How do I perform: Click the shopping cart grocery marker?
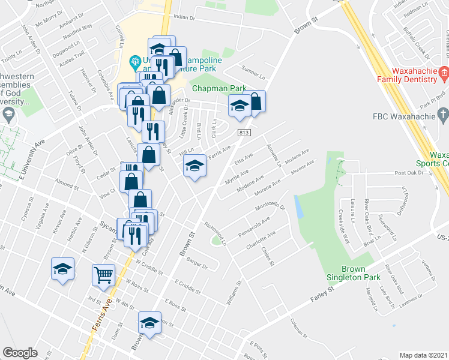103,275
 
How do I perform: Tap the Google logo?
20,353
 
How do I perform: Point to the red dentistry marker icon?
444,74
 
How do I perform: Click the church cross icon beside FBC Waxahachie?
442,114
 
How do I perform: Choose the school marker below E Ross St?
149,323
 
